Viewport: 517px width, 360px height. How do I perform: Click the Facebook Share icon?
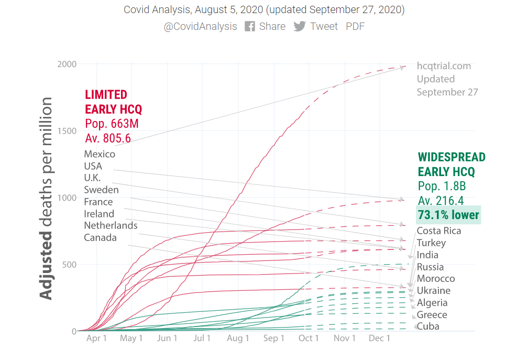pyautogui.click(x=250, y=26)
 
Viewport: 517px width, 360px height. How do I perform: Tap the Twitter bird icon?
pyautogui.click(x=299, y=26)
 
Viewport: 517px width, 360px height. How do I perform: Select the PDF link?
pyautogui.click(x=355, y=26)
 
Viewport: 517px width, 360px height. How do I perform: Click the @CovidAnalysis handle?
pyautogui.click(x=200, y=26)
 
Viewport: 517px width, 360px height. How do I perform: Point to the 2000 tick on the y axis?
pyautogui.click(x=67, y=64)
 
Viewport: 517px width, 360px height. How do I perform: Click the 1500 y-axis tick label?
pyautogui.click(x=67, y=131)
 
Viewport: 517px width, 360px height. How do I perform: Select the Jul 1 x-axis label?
pyautogui.click(x=202, y=339)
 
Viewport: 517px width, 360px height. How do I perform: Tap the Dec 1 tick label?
pyautogui.click(x=379, y=339)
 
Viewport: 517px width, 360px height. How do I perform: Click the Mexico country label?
pyautogui.click(x=100, y=154)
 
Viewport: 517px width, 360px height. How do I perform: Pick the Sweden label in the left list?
pyautogui.click(x=101, y=190)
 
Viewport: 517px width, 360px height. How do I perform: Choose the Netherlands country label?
pyautogui.click(x=111, y=225)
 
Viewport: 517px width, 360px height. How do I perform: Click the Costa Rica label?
pyautogui.click(x=439, y=231)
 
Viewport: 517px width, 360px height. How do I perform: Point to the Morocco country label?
pyautogui.click(x=436, y=278)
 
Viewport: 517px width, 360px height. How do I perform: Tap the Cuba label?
pyautogui.click(x=428, y=326)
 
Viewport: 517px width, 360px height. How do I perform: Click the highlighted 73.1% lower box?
pyautogui.click(x=448, y=215)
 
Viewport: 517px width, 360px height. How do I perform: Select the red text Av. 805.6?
pyautogui.click(x=108, y=138)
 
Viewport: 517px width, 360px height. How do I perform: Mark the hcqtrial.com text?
pyautogui.click(x=444, y=66)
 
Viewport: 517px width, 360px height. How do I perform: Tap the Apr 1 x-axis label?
pyautogui.click(x=96, y=339)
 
